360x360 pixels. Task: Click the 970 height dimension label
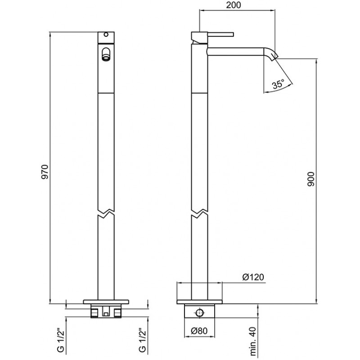[45, 172]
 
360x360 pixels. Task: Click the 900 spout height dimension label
[311, 179]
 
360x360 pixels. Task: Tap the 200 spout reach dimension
[234, 5]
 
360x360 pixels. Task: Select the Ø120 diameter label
[253, 277]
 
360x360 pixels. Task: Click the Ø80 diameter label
[199, 331]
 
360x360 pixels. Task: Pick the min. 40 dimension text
[253, 341]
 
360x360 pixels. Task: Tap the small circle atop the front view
[106, 35]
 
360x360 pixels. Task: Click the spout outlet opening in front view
[106, 54]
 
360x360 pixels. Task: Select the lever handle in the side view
[220, 35]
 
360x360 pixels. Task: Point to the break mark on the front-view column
[106, 213]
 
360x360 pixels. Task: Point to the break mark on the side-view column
[199, 213]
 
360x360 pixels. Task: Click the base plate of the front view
[106, 301]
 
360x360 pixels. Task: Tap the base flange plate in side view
[199, 301]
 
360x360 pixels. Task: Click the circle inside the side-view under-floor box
[199, 313]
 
